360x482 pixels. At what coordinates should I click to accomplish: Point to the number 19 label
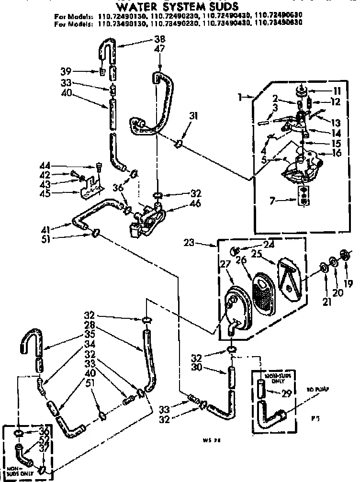coord(349,283)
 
